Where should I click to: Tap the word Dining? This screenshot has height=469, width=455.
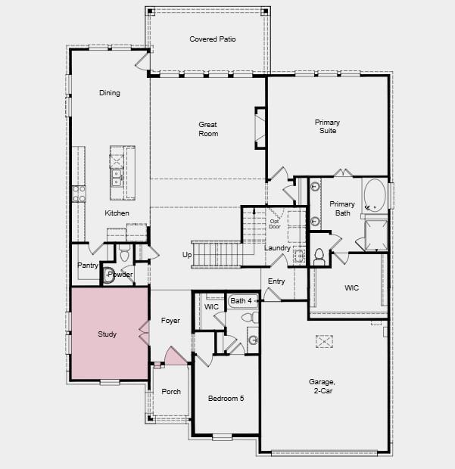pyautogui.click(x=110, y=93)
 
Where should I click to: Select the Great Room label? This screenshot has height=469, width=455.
pyautogui.click(x=208, y=129)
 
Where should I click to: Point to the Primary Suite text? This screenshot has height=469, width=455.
pyautogui.click(x=327, y=126)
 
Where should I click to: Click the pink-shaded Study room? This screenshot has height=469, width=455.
pyautogui.click(x=108, y=334)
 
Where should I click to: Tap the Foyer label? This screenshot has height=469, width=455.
pyautogui.click(x=171, y=321)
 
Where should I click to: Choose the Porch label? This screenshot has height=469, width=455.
pyautogui.click(x=171, y=391)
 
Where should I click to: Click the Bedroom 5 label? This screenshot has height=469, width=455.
pyautogui.click(x=226, y=397)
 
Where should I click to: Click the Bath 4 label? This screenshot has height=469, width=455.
pyautogui.click(x=241, y=301)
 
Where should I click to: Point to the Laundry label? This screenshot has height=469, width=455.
pyautogui.click(x=277, y=248)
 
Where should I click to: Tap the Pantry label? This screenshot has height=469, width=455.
pyautogui.click(x=88, y=266)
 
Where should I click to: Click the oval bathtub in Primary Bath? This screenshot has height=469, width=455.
pyautogui.click(x=374, y=195)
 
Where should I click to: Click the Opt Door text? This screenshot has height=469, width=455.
pyautogui.click(x=274, y=223)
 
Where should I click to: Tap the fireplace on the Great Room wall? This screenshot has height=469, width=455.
pyautogui.click(x=260, y=126)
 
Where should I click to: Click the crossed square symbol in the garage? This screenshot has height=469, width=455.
pyautogui.click(x=324, y=342)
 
